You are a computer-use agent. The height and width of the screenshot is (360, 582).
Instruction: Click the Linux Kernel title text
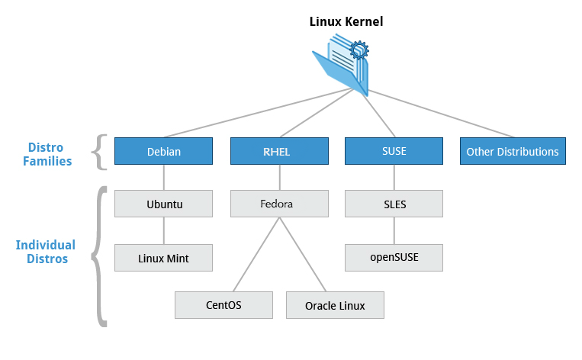point(346,21)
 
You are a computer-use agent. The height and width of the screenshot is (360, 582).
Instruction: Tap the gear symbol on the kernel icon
point(359,52)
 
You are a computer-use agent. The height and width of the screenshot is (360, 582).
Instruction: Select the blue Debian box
point(164,151)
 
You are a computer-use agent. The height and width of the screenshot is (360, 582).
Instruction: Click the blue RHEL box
point(279,151)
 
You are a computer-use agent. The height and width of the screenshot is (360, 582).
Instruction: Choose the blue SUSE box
point(394,151)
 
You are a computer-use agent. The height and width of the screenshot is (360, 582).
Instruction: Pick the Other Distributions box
point(513,151)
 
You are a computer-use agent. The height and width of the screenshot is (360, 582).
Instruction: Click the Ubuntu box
point(164,204)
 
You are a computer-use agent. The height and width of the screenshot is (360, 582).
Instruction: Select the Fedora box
point(279,204)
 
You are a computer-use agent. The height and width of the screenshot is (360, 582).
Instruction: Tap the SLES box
point(394,204)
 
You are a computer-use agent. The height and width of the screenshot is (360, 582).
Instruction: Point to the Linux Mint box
point(164,258)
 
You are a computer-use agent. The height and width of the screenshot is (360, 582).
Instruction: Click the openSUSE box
point(394,257)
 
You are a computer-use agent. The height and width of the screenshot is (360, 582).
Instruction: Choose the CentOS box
point(223,304)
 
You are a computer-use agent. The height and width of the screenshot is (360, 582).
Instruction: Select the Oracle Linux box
point(335,305)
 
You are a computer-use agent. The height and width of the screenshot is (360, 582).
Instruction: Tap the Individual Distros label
point(46,252)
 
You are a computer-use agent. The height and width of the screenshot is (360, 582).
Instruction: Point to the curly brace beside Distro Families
point(98,152)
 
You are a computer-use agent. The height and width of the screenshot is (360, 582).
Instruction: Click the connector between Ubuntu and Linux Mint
point(164,231)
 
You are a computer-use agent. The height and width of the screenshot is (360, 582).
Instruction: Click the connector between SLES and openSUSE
point(394,231)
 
